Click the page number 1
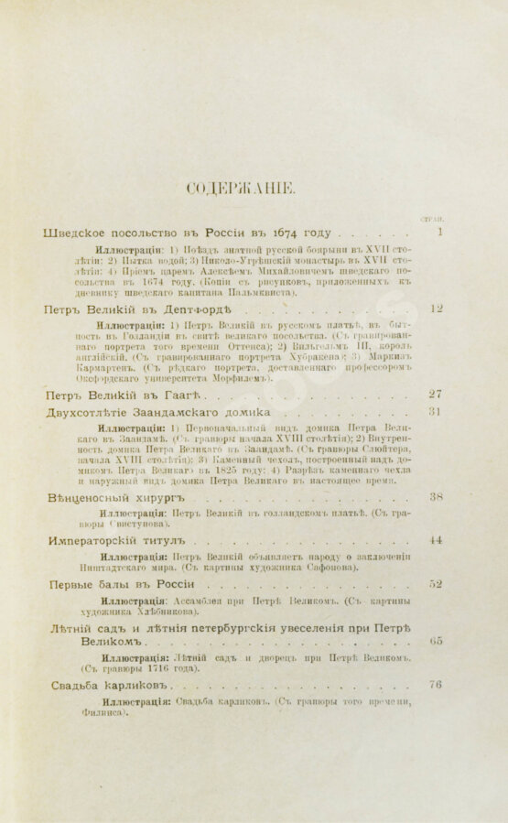coord(440,233)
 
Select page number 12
coord(436,309)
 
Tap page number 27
coord(436,395)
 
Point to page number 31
coord(436,412)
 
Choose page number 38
coord(437,497)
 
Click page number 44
coord(436,540)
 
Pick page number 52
coord(436,584)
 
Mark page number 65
coord(436,641)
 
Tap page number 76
coord(436,684)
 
